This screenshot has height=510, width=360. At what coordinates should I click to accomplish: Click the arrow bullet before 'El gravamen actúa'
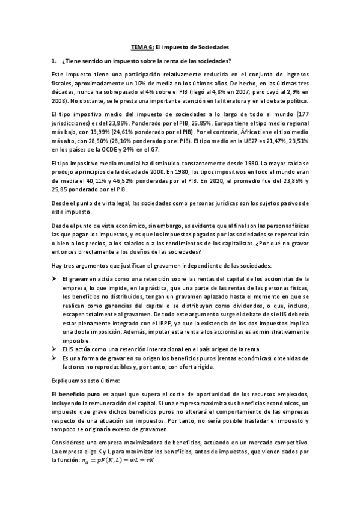(55, 278)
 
